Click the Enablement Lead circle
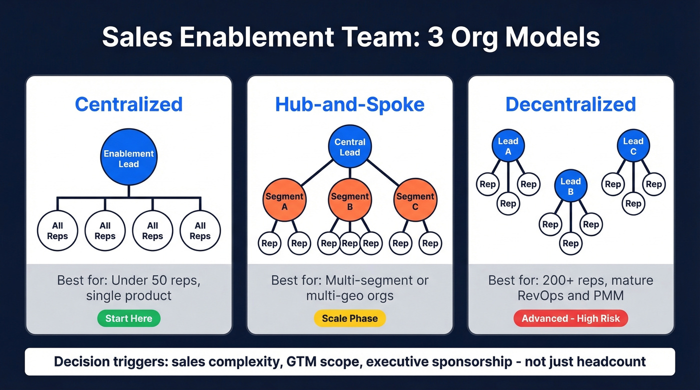128,158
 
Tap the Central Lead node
350,147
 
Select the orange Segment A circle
284,200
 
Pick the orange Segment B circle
350,200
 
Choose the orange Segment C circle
415,200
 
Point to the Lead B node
570,186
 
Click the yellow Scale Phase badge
350,318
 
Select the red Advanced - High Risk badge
570,318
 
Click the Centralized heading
128,104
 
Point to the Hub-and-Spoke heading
350,104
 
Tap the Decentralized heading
570,104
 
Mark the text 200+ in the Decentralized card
553,280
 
